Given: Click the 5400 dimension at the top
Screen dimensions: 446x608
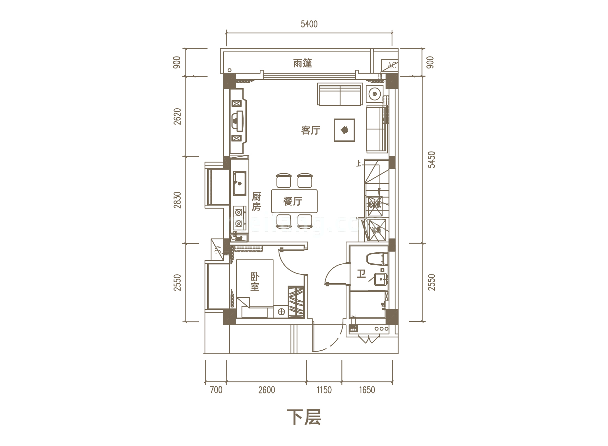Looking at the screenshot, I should (x=309, y=24).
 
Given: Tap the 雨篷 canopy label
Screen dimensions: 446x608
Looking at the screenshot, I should (x=302, y=63).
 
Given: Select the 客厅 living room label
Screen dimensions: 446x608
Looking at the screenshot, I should (x=310, y=130).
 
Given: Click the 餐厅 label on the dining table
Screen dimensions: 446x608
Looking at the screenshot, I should (x=293, y=201).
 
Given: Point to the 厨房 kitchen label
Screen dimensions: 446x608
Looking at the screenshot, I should (x=256, y=201).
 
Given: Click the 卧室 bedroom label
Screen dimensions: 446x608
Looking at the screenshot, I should (x=255, y=282).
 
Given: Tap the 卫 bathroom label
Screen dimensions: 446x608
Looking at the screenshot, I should (x=361, y=274).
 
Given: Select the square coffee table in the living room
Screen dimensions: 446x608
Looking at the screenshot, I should (x=344, y=130).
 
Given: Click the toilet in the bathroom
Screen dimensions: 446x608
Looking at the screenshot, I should (x=377, y=259).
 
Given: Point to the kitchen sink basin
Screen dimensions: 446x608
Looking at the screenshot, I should (x=240, y=183).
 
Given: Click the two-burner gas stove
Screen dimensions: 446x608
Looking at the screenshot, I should (x=239, y=218).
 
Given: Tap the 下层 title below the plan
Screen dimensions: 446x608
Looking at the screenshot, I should (x=304, y=417).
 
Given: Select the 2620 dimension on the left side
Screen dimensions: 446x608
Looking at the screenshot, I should (x=177, y=116).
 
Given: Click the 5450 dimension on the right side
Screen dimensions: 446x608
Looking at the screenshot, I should (x=431, y=160).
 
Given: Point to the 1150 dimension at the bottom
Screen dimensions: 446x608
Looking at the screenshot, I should (x=324, y=390).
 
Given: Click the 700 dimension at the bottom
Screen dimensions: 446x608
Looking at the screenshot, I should (x=216, y=390).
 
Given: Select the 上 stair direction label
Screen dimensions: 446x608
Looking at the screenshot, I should (x=358, y=163).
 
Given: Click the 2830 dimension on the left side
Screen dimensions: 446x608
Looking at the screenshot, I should (x=177, y=200).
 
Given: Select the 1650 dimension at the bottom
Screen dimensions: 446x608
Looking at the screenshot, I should (x=367, y=390).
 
